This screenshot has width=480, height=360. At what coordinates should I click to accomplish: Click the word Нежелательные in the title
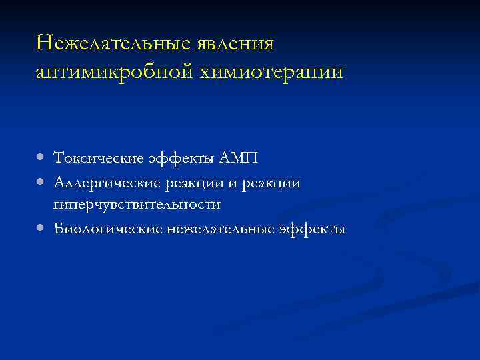[113, 43]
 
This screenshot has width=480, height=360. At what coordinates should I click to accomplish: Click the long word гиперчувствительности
[137, 205]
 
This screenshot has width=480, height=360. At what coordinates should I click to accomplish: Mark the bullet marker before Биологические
[41, 228]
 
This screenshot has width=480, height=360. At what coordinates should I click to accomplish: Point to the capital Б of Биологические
[59, 228]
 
